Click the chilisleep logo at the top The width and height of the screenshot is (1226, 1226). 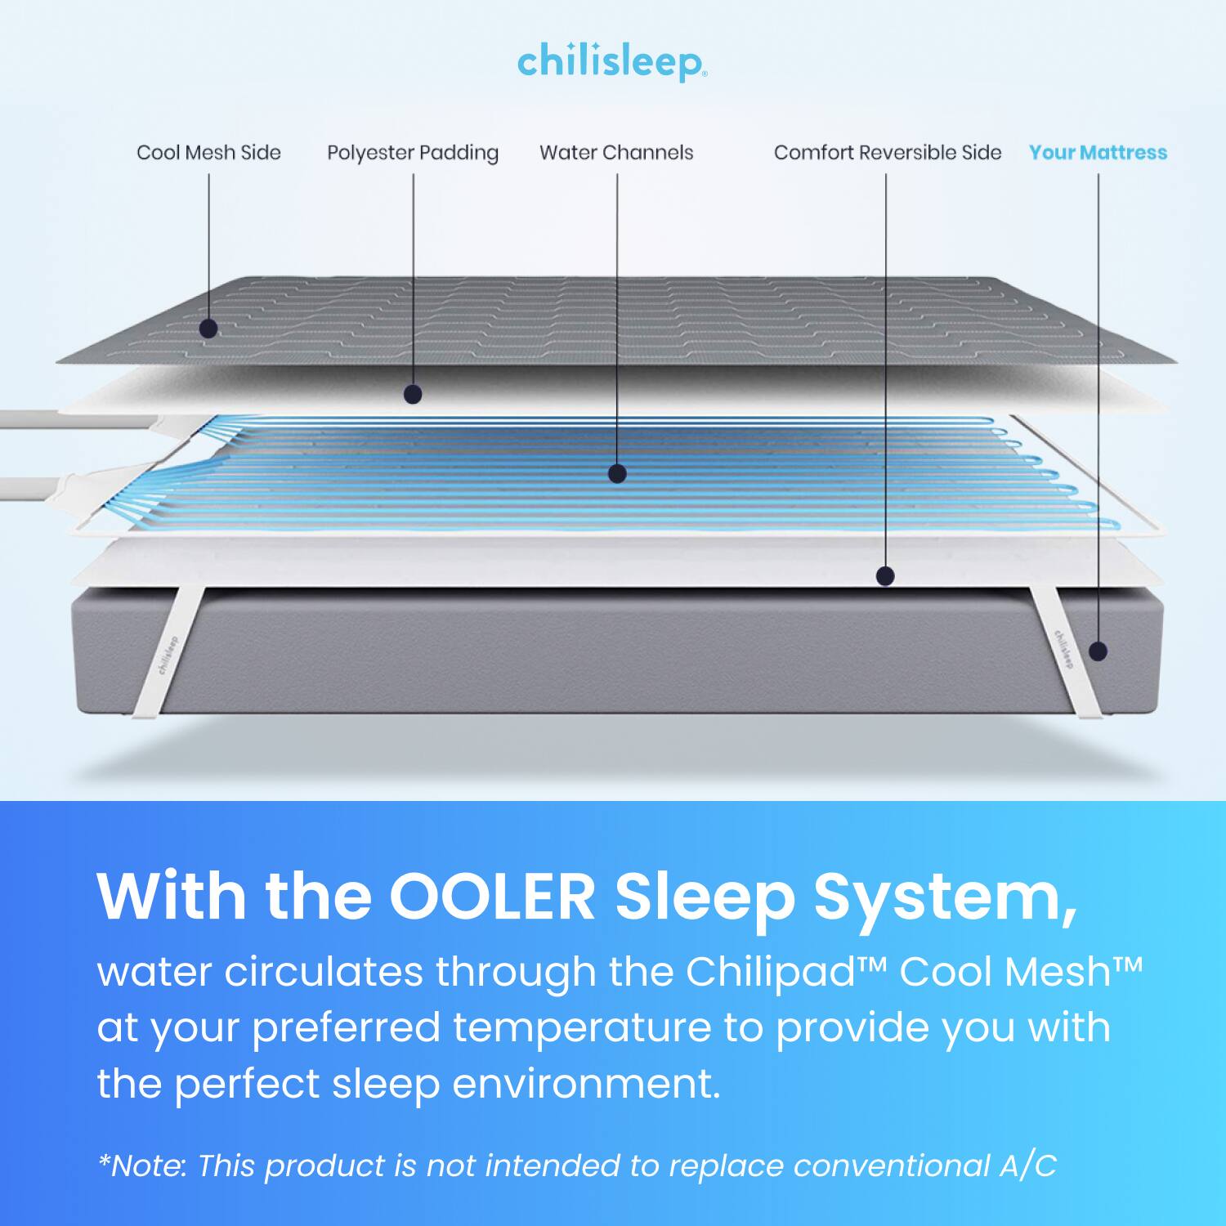tap(612, 62)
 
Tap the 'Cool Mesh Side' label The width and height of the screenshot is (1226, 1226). tap(208, 153)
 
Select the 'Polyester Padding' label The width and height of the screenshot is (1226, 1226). tap(413, 154)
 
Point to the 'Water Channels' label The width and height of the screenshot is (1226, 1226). tap(616, 153)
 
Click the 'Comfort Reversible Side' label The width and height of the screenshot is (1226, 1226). tap(888, 153)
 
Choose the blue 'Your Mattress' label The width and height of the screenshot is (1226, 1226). tap(1098, 153)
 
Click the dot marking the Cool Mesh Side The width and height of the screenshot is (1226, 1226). tap(208, 329)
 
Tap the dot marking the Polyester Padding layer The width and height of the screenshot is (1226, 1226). tap(413, 395)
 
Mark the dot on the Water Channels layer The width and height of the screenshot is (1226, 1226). tap(617, 473)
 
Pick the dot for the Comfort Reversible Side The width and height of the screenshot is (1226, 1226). tap(885, 576)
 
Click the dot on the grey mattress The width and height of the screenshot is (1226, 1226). tap(1098, 651)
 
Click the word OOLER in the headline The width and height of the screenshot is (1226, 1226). tap(492, 897)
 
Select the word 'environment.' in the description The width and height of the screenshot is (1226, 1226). tap(586, 1084)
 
